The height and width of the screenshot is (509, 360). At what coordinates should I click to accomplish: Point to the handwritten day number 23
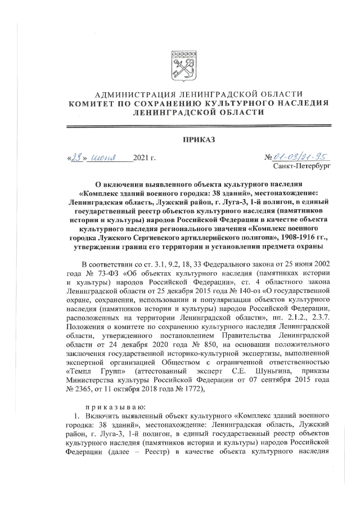75,157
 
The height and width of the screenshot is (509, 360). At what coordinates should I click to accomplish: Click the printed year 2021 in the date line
141,158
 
